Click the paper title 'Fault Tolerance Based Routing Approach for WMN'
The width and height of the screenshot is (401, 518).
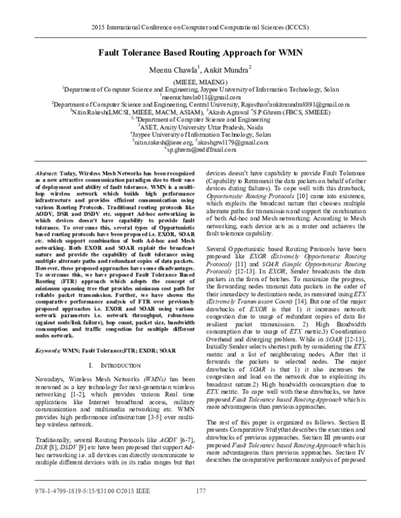(200, 51)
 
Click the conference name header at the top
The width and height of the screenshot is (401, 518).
(200, 29)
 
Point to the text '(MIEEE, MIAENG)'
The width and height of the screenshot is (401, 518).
(200, 79)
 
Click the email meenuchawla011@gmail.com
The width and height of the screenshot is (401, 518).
(200, 96)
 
